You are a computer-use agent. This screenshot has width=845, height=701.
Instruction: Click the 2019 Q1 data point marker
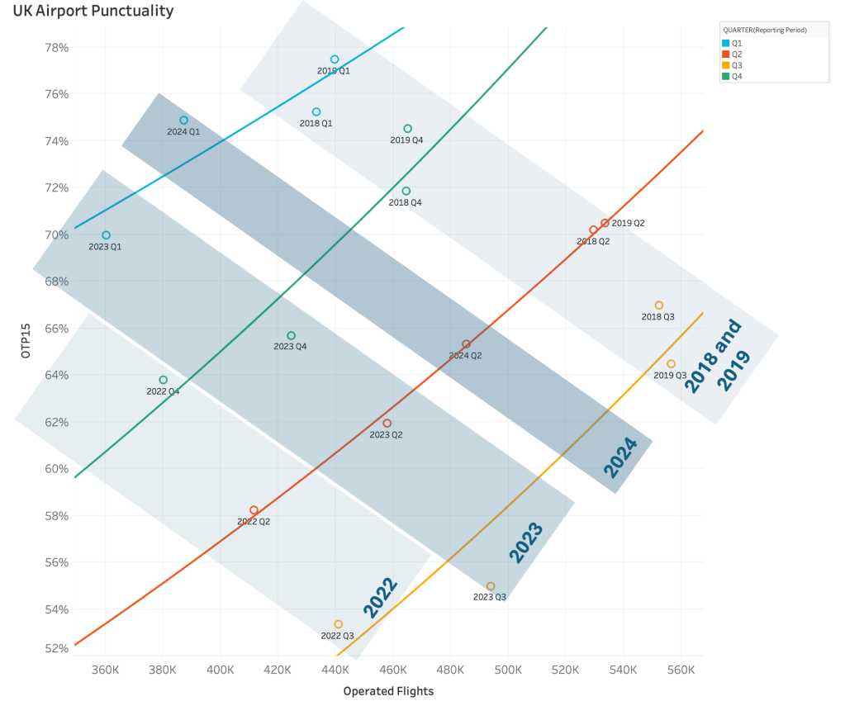click(x=335, y=59)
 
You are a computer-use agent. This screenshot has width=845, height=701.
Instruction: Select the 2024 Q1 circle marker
click(x=183, y=121)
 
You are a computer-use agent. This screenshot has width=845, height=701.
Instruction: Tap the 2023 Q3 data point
click(x=491, y=586)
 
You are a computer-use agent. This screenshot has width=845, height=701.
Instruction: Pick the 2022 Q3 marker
click(x=338, y=624)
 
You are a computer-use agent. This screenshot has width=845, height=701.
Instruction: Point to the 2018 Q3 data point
click(x=659, y=306)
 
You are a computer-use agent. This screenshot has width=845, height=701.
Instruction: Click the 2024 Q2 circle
click(x=466, y=344)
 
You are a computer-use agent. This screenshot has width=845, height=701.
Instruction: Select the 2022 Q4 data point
click(x=163, y=380)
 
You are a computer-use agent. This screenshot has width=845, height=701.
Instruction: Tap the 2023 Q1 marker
click(x=106, y=235)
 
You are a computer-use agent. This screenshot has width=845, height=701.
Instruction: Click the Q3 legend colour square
click(x=725, y=66)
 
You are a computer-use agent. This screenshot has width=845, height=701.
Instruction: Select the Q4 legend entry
click(x=736, y=76)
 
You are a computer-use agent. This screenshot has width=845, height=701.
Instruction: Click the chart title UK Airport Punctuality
click(x=87, y=11)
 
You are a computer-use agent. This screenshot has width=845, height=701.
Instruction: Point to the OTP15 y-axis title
click(x=26, y=340)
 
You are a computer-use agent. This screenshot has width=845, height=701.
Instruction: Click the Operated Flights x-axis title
click(x=388, y=691)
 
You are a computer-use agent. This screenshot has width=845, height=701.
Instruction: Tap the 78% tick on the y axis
click(x=57, y=47)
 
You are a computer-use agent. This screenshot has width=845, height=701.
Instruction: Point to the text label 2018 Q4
click(x=405, y=202)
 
